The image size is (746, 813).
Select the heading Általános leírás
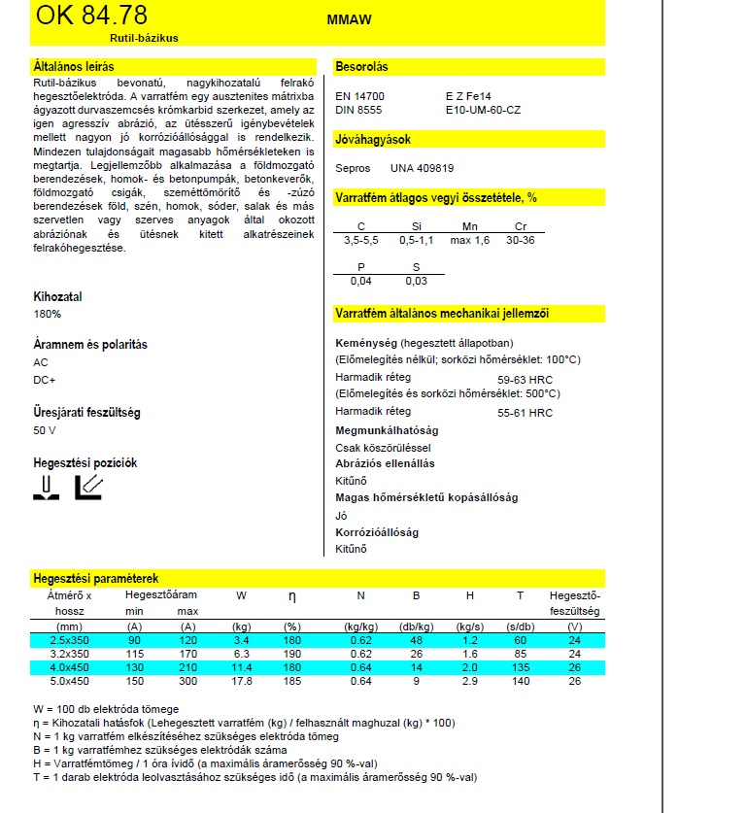coord(74,67)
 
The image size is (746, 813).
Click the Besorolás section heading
coord(361,67)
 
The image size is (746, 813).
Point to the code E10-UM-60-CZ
coord(483,111)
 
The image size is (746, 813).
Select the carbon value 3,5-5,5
coord(361,240)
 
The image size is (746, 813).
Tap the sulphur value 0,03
coord(416,281)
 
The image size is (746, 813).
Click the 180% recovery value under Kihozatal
coord(47,314)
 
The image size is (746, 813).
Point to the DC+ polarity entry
coord(45,380)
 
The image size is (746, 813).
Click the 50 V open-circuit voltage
coord(46,429)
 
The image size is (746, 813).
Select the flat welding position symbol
coord(45,487)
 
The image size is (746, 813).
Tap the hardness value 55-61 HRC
coord(525,413)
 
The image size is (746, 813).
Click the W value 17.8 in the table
coord(241,680)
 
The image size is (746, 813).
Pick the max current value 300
coord(187,680)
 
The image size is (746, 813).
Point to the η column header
coord(292,595)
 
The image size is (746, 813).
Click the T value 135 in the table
coord(520,666)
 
